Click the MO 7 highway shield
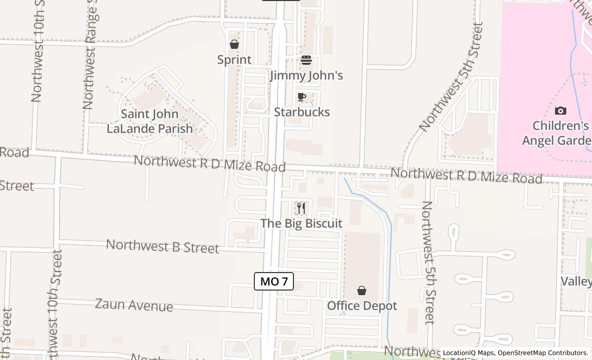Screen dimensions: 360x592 point(274,281)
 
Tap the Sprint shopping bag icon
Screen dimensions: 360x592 point(234,45)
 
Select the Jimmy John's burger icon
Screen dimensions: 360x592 point(306,61)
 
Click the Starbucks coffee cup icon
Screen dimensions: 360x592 point(302,97)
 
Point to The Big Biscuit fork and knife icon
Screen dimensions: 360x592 point(301,208)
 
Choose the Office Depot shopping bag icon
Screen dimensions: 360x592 point(362,291)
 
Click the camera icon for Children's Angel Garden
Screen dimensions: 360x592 point(561,111)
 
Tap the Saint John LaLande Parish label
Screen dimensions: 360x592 point(150,121)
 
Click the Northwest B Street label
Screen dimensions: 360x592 point(162,246)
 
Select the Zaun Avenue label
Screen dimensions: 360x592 point(134,305)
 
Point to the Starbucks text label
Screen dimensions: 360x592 point(302,112)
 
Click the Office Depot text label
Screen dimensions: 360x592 point(362,306)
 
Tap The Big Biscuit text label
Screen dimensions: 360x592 point(301,223)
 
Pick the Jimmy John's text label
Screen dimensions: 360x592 point(306,76)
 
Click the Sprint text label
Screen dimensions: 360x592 point(234,60)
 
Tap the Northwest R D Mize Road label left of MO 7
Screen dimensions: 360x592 point(209,164)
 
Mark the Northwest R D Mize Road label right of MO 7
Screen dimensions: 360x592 point(466,176)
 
